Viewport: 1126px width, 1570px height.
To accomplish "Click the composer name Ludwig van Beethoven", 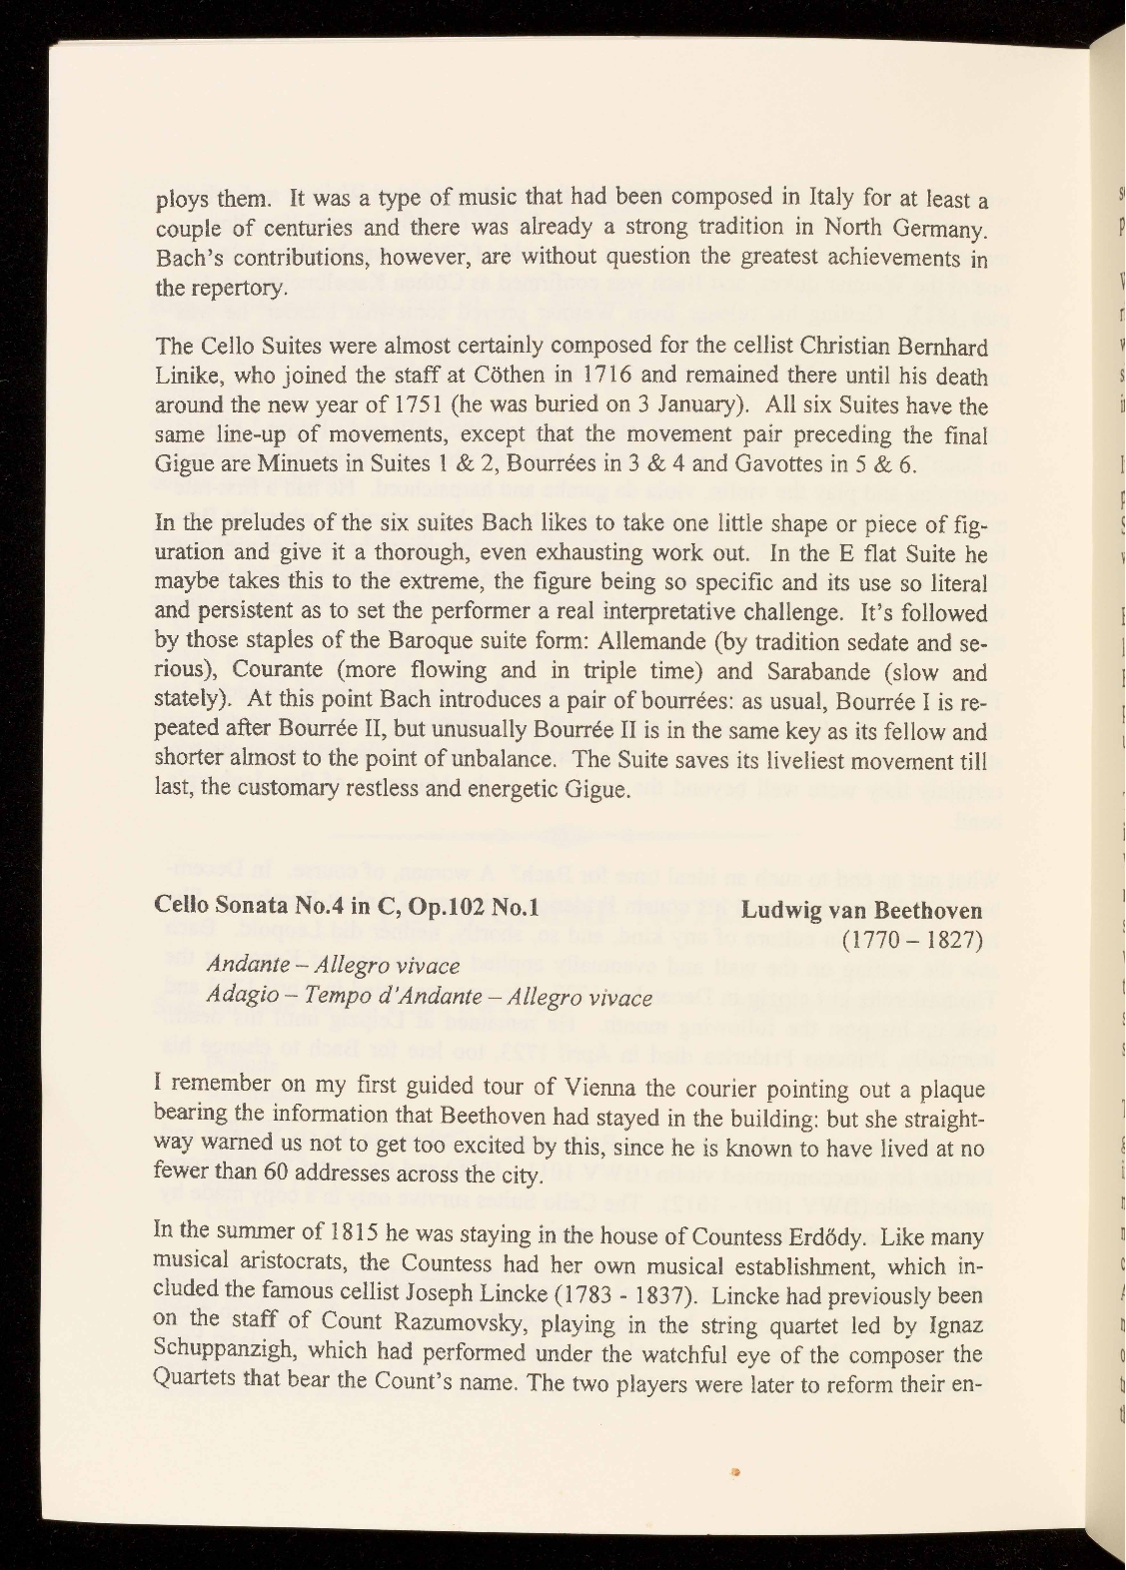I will point(861,911).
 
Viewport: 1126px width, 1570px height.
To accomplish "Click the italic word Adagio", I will point(238,997).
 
